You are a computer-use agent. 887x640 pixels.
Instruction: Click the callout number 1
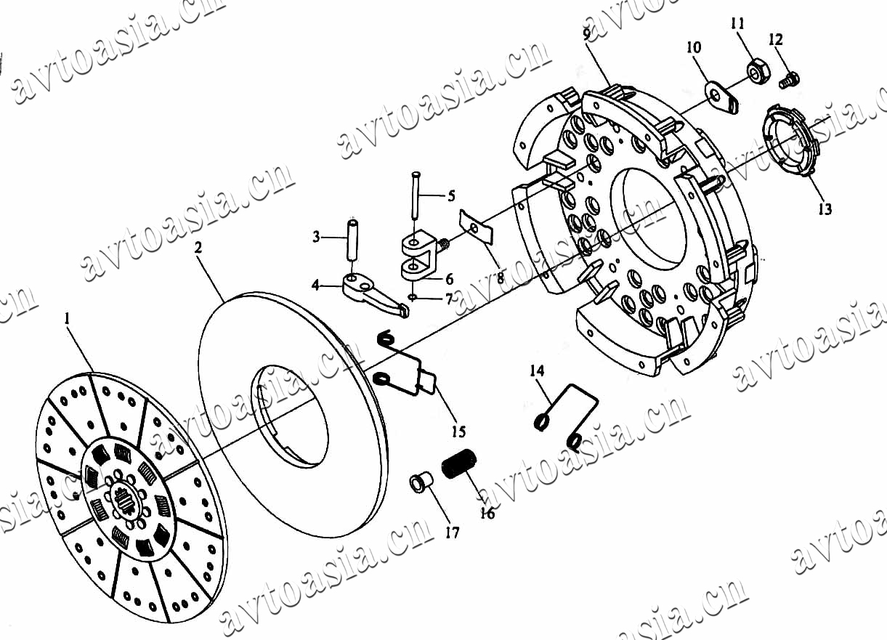click(x=67, y=318)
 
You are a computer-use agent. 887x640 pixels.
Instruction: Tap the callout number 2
click(x=198, y=248)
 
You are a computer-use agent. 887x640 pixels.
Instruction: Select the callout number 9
click(x=587, y=33)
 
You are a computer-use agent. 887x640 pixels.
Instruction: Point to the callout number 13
click(x=825, y=208)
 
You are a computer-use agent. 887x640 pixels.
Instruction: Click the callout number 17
click(x=452, y=532)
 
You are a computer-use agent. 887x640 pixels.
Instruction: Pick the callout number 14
click(x=538, y=371)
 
